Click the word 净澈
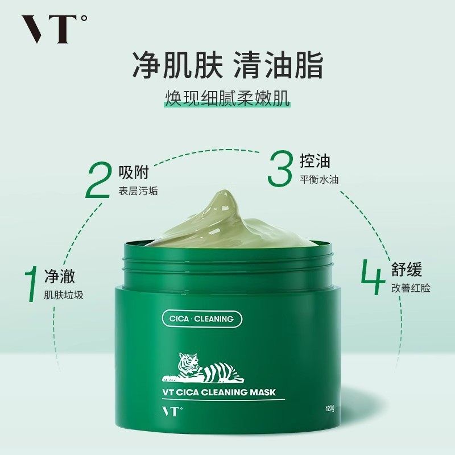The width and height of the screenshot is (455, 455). pos(60,278)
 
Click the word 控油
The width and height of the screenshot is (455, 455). pos(315,161)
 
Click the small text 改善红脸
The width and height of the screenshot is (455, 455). pos(411,288)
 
